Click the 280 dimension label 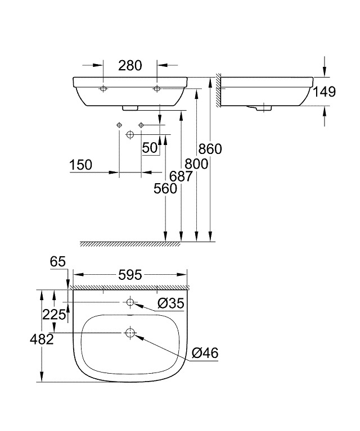click(x=130, y=65)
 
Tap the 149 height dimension click(x=325, y=92)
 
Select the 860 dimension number click(x=210, y=149)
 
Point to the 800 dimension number click(x=196, y=164)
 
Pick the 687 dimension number click(x=181, y=176)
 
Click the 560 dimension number click(x=165, y=189)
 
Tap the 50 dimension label click(x=150, y=148)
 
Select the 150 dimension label click(x=80, y=165)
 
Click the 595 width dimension click(x=130, y=275)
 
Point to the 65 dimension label click(x=58, y=261)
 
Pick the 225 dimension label click(x=54, y=315)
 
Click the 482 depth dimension click(x=42, y=339)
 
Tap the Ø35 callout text click(x=170, y=303)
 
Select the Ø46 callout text click(x=205, y=353)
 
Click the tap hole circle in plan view click(x=130, y=302)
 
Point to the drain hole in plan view click(x=130, y=333)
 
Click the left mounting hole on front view click(x=103, y=89)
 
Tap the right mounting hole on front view click(x=157, y=89)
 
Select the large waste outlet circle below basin click(x=130, y=134)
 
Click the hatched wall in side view click(x=219, y=89)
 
